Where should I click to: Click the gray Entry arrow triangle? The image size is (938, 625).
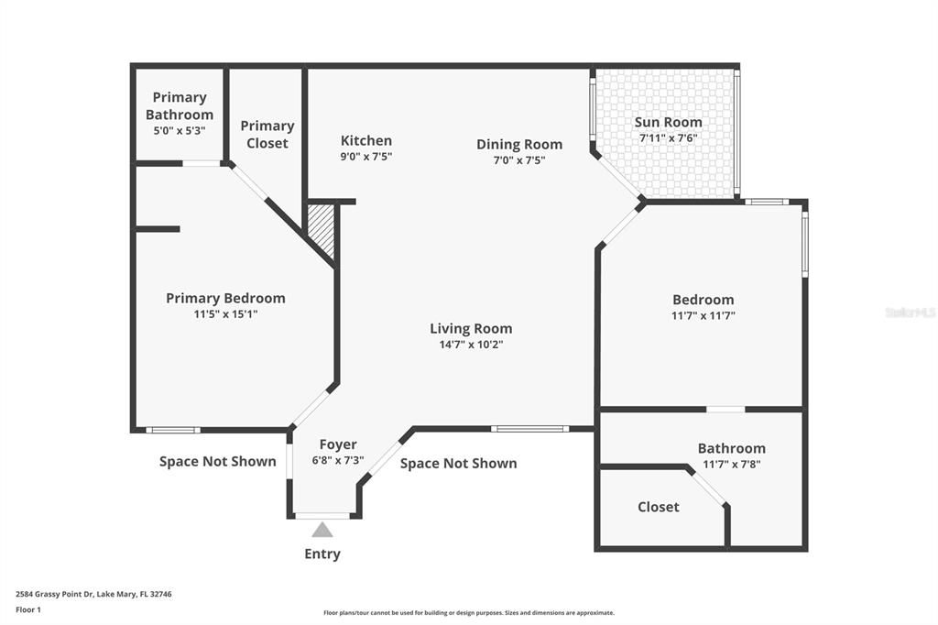pos(322,530)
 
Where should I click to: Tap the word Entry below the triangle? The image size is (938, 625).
pos(322,554)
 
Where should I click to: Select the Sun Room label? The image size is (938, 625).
pos(669,122)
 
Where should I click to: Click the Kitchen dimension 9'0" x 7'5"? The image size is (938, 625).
pos(366,157)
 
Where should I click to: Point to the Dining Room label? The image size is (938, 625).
pos(519,144)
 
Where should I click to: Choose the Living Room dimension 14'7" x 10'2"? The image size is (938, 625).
pos(471,345)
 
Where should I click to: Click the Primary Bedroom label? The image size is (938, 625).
pos(225,298)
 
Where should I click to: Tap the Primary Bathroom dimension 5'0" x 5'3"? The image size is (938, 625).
pos(180,131)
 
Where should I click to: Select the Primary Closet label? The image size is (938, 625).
pos(267,134)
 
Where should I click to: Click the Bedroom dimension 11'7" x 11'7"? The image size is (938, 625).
pos(703,315)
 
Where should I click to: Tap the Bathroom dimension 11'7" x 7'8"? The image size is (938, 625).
pos(731,464)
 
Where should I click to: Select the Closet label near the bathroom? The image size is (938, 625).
pos(659,507)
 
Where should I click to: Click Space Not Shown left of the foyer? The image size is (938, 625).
pos(217,461)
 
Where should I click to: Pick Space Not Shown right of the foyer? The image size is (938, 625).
pos(458,463)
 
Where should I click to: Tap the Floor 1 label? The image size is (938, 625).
pos(28,609)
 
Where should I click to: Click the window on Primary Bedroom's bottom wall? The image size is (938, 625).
pos(173,430)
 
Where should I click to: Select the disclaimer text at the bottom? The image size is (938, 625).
pos(468,613)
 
